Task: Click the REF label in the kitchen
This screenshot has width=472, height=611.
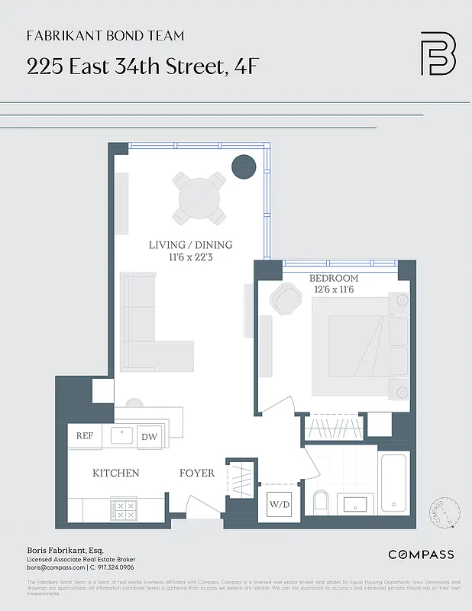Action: (x=84, y=435)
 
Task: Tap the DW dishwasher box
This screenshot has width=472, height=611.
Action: (x=149, y=436)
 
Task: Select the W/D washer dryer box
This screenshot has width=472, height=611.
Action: (x=274, y=505)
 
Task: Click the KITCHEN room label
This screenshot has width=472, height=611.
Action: (x=115, y=473)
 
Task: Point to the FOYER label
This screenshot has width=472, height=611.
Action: (x=197, y=473)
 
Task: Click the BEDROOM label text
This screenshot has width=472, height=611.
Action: (x=333, y=278)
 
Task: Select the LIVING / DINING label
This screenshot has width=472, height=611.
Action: (x=190, y=245)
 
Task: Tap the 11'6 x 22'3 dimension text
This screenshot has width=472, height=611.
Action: (x=190, y=257)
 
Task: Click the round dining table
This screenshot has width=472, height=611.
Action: (x=199, y=199)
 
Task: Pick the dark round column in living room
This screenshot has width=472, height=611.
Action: (x=244, y=166)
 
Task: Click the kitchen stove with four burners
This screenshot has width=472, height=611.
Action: (x=123, y=509)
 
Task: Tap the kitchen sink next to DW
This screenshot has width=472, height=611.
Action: (x=122, y=435)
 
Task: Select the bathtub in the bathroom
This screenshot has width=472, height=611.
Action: (x=395, y=483)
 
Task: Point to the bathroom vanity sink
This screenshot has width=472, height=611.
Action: (x=356, y=504)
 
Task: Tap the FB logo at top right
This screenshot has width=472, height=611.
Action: (x=438, y=53)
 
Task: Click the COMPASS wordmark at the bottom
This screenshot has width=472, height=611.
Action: (x=421, y=554)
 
